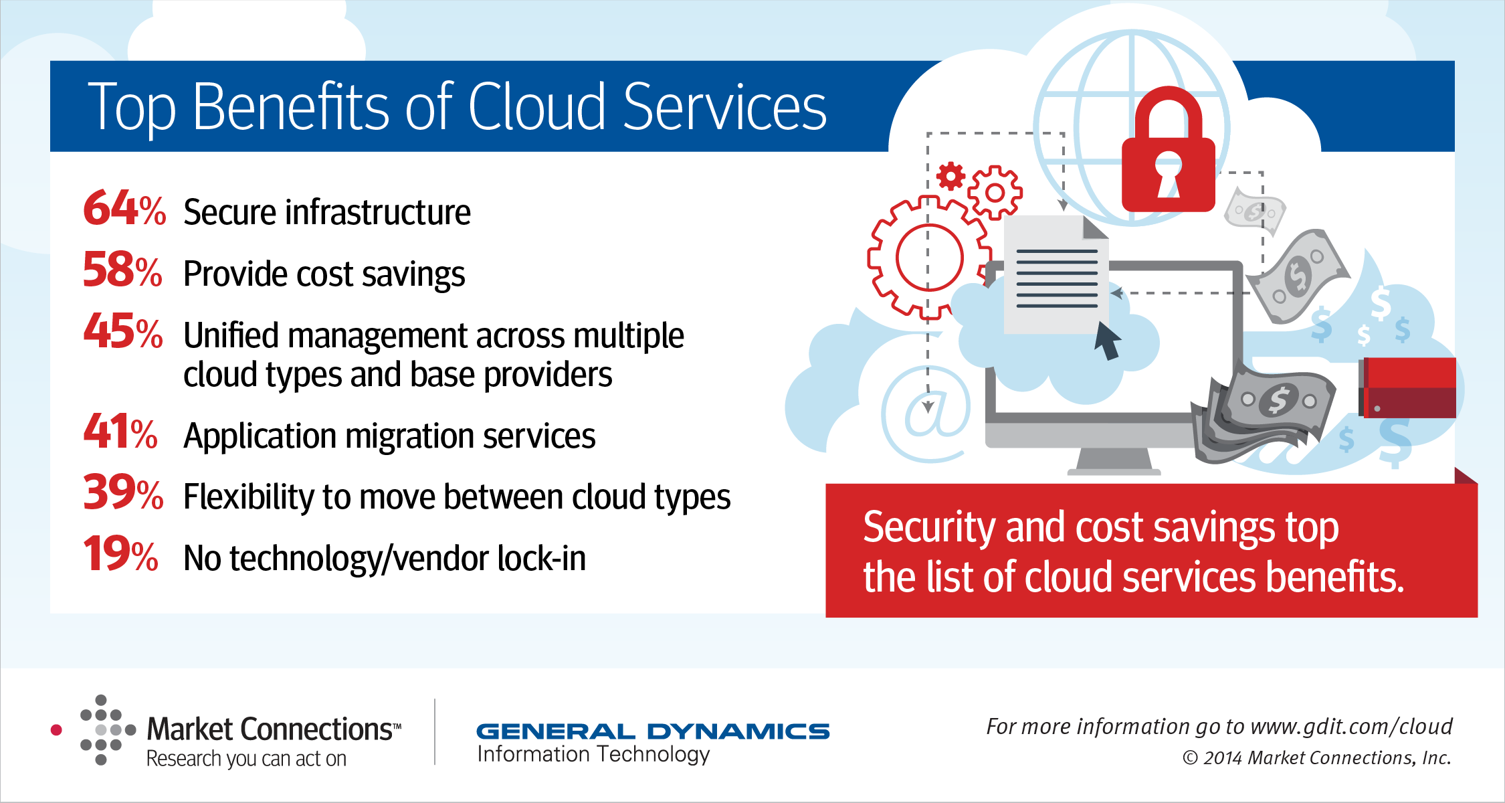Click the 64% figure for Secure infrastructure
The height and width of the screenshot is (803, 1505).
pyautogui.click(x=124, y=208)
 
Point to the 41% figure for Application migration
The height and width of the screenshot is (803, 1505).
pyautogui.click(x=120, y=432)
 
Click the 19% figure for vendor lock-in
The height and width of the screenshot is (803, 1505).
pyautogui.click(x=120, y=554)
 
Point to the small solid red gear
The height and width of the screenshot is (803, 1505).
pyautogui.click(x=950, y=177)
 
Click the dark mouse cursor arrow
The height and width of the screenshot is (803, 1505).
pyautogui.click(x=1107, y=340)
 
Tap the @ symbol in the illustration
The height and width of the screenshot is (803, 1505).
pyautogui.click(x=926, y=414)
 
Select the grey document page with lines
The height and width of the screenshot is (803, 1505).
pyautogui.click(x=1056, y=274)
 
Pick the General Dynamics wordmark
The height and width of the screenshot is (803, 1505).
pyautogui.click(x=653, y=731)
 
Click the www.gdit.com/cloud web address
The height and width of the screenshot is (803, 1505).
pyautogui.click(x=1351, y=727)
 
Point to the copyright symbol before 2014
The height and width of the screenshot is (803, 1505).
pyautogui.click(x=1190, y=758)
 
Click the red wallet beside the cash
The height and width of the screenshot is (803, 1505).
pyautogui.click(x=1407, y=387)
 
